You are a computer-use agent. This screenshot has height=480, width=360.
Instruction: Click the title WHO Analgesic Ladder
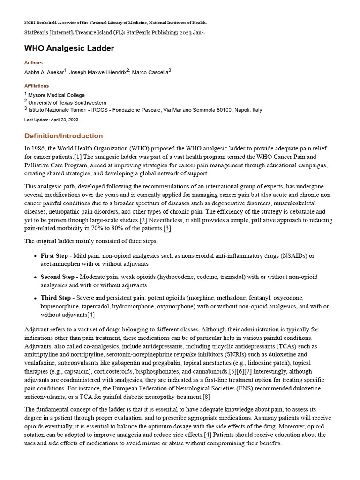(x=69, y=48)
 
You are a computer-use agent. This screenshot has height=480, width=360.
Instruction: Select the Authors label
(x=33, y=63)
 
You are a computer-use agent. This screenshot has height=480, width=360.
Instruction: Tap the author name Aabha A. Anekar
(x=44, y=72)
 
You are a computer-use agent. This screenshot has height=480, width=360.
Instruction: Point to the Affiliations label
(x=37, y=86)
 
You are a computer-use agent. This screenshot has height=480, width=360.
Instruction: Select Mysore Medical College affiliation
(x=56, y=95)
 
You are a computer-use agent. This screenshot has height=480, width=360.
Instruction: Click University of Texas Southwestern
(x=67, y=103)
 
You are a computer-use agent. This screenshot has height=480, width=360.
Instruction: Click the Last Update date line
(x=52, y=120)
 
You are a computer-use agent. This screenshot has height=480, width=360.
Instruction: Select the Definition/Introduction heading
(x=63, y=136)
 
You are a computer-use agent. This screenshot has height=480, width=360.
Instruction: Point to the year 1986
(x=38, y=148)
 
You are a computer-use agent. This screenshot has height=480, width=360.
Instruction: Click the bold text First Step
(x=54, y=256)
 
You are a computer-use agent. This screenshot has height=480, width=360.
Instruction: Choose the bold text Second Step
(x=57, y=277)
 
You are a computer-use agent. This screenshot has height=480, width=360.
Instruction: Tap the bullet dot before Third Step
(x=36, y=298)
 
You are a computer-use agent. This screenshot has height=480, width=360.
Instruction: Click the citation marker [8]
(x=198, y=397)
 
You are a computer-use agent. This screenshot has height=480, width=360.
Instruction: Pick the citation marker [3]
(x=167, y=228)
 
